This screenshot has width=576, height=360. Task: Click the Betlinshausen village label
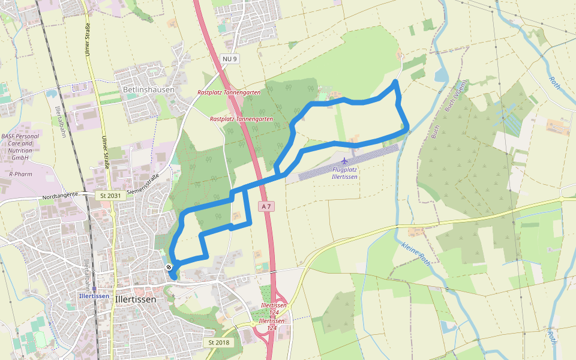[x=148, y=89]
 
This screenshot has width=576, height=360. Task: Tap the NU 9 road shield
[x=230, y=59]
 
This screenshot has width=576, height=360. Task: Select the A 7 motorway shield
[x=266, y=206]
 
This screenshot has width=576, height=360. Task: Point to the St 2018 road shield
[x=219, y=342]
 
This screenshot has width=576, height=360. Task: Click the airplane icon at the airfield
[x=344, y=161]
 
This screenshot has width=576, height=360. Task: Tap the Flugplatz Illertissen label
[x=344, y=173]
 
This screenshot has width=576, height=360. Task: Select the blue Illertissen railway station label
[x=94, y=296]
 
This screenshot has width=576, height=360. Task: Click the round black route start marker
[x=169, y=266]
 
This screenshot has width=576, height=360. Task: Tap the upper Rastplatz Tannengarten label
[x=229, y=92]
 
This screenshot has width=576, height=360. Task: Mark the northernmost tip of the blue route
[x=395, y=80]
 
